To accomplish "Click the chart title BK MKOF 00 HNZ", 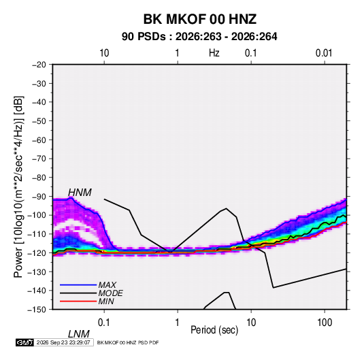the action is (x=199, y=19).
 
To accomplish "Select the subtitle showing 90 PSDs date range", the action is (x=199, y=37).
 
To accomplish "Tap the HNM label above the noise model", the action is (x=80, y=193).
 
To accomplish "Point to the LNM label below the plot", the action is (x=79, y=334).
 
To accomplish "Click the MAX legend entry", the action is (x=107, y=284).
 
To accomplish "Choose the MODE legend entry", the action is (x=110, y=293).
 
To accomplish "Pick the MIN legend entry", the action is (x=106, y=301).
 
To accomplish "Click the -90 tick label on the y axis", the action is (x=39, y=197).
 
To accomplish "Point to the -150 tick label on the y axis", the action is (x=37, y=310).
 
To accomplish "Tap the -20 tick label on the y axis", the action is (x=39, y=65).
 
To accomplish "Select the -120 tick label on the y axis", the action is (x=37, y=252).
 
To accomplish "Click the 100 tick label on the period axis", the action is (x=325, y=323).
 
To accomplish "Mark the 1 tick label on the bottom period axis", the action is (x=178, y=323).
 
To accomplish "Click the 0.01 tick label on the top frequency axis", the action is (x=324, y=53).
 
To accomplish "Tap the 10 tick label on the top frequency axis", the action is (x=104, y=53).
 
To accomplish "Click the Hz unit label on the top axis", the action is (x=214, y=53).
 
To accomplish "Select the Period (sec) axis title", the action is (x=214, y=330).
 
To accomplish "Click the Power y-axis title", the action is (x=18, y=187).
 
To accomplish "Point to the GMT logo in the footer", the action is (x=24, y=342).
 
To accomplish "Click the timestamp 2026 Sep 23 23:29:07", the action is (x=63, y=342).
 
